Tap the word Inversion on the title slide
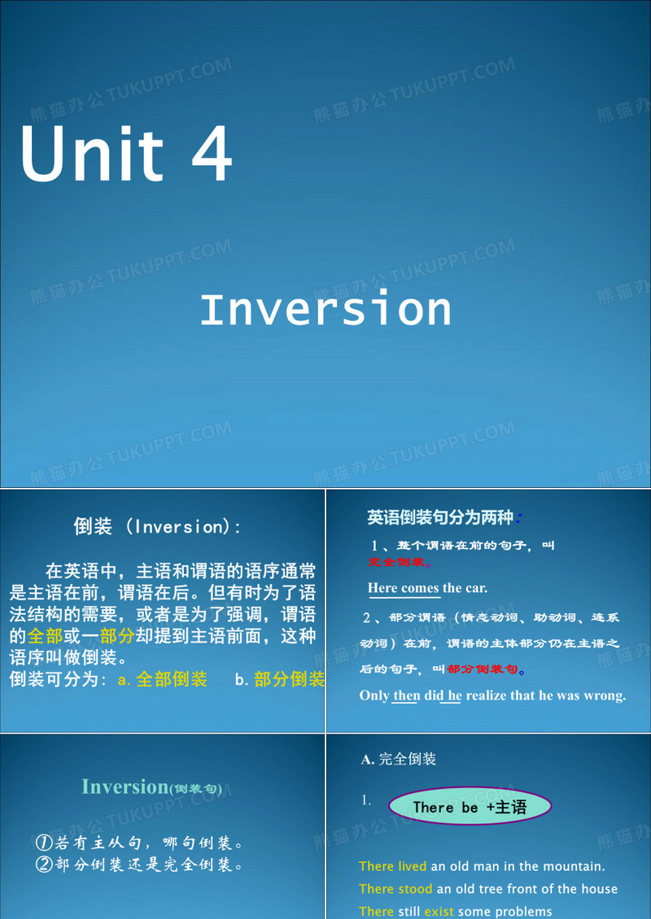click(325, 310)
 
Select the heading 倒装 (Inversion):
click(158, 527)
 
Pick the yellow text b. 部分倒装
click(280, 680)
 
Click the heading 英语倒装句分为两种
click(439, 517)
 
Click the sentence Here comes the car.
click(427, 588)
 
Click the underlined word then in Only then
click(405, 695)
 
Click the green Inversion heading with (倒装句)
click(151, 786)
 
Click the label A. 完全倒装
click(399, 759)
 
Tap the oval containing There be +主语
click(470, 807)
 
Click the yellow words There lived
click(393, 866)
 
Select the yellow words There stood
click(395, 889)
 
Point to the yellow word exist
click(439, 912)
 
